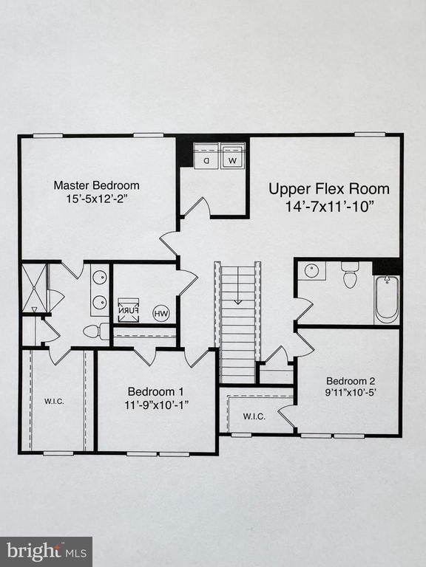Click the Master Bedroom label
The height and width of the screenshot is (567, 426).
95,185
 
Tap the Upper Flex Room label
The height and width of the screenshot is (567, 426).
328,188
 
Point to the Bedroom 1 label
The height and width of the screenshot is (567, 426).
156,391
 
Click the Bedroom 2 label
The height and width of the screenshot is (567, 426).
351,381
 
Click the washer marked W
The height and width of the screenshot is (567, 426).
232,158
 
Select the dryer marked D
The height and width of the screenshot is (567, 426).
206,158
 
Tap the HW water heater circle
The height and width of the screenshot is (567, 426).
160,313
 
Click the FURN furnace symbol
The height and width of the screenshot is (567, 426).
129,309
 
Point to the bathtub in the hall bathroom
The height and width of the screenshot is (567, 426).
387,299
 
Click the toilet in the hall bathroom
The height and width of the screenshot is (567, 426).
350,276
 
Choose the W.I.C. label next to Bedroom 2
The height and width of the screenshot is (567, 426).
254,416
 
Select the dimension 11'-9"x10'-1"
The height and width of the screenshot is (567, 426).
156,405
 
